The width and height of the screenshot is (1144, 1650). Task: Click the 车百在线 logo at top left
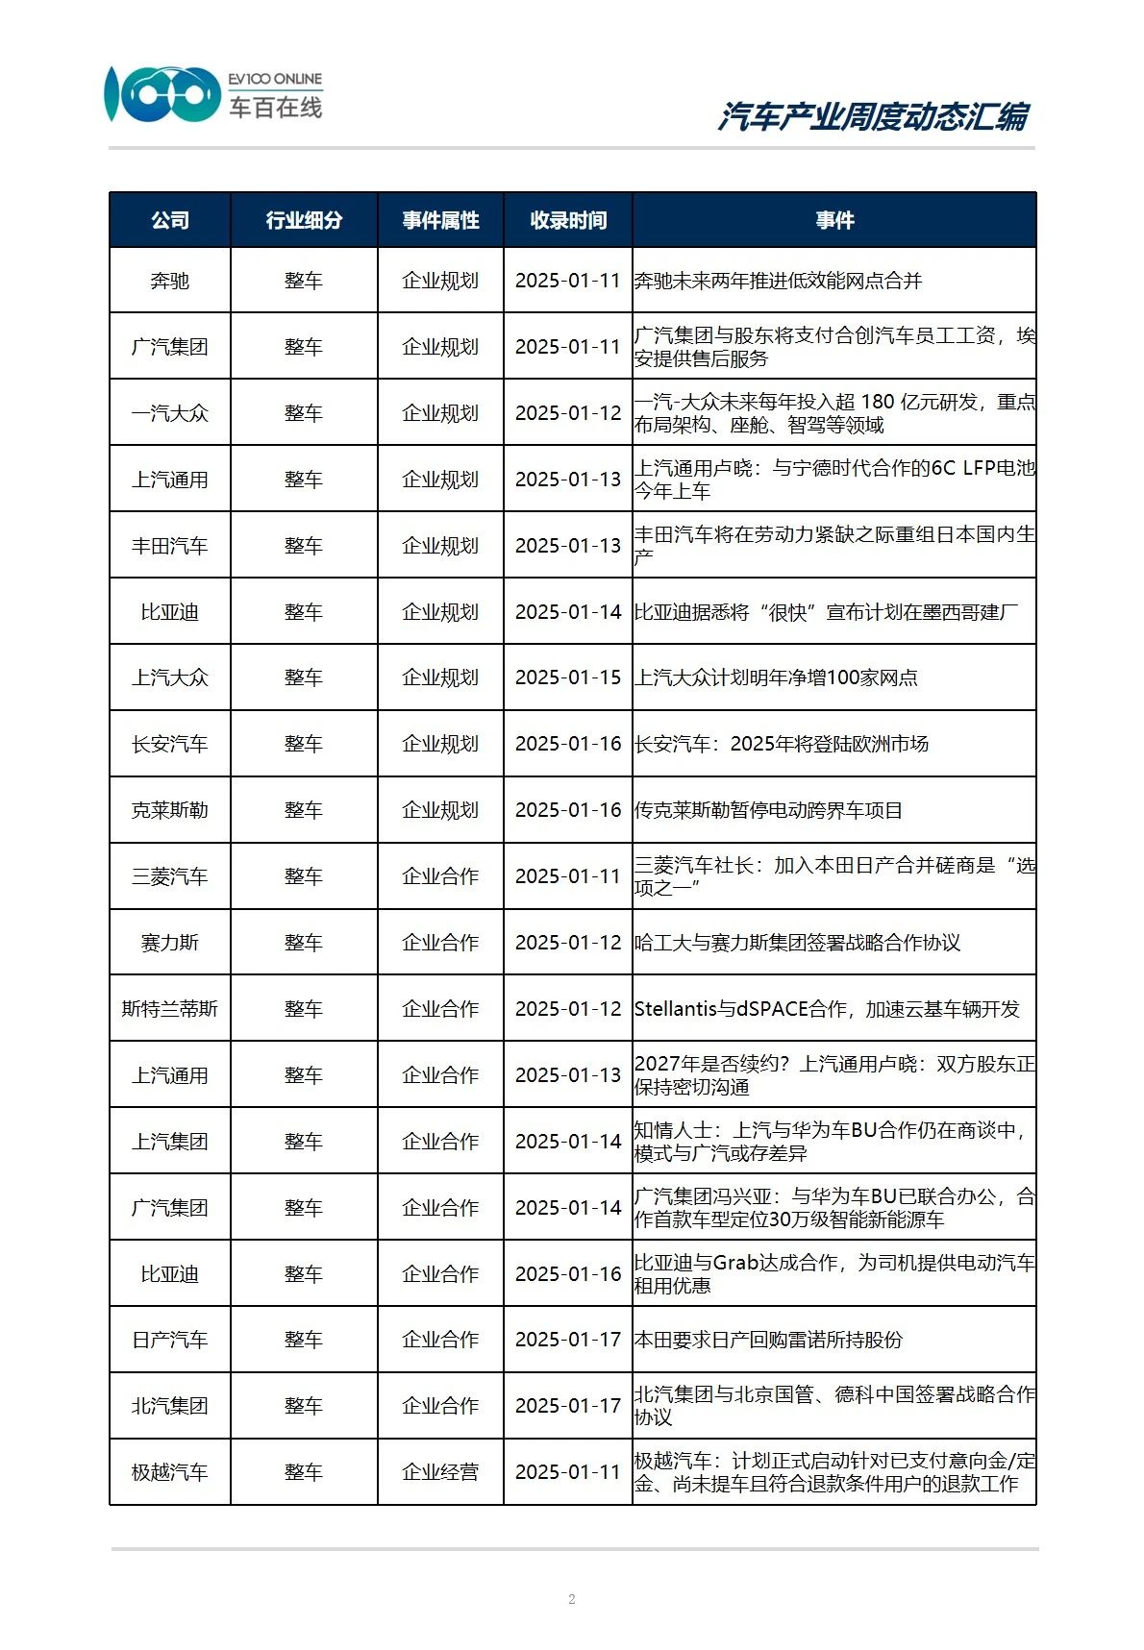click(x=213, y=94)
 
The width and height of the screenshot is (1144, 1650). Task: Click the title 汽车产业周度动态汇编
click(x=873, y=117)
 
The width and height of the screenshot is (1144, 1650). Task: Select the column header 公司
click(x=170, y=220)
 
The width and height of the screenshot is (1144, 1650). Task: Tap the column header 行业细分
click(x=304, y=220)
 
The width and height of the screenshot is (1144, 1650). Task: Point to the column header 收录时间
click(x=568, y=220)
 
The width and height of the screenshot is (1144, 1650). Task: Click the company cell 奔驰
click(x=170, y=281)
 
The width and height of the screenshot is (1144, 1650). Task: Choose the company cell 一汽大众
click(x=170, y=413)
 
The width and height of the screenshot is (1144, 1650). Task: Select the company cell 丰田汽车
click(x=170, y=546)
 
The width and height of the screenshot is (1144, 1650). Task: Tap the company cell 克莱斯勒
click(x=170, y=810)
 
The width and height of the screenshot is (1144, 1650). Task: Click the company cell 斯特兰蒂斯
click(x=170, y=1009)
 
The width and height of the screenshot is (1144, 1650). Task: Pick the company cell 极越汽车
click(x=170, y=1472)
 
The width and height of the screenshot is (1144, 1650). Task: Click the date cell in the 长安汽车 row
click(x=568, y=744)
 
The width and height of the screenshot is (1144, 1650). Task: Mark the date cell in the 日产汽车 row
click(x=568, y=1340)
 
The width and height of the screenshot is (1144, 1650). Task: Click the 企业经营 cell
click(x=440, y=1472)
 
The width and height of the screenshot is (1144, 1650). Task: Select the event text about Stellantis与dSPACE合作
click(x=827, y=1009)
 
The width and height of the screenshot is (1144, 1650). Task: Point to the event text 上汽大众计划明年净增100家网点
click(x=776, y=677)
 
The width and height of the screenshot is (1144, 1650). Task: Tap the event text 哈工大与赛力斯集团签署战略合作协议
click(x=797, y=943)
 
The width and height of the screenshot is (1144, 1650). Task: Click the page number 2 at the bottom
click(x=572, y=1599)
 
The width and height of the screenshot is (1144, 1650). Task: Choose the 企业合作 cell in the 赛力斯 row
click(x=440, y=943)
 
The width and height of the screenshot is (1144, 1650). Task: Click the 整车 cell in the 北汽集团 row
click(x=304, y=1406)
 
